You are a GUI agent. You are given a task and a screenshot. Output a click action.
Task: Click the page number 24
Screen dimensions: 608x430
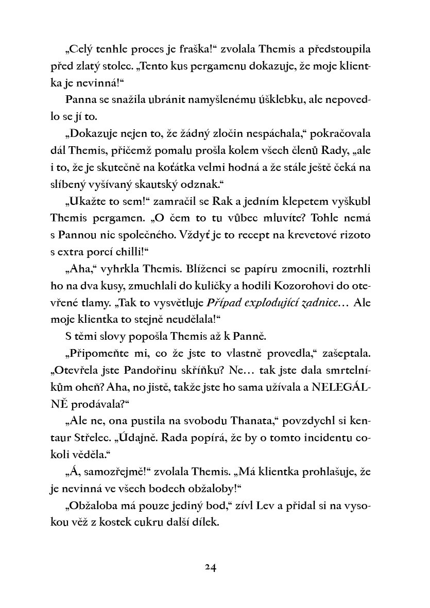tap(211, 567)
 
